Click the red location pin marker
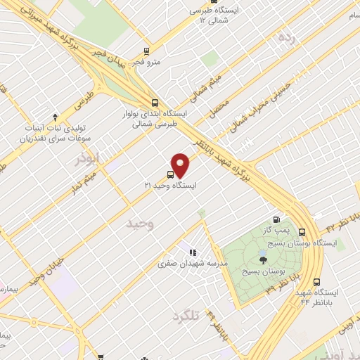(x=181, y=165)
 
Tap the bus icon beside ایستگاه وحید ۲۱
(x=171, y=174)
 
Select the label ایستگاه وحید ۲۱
(x=171, y=185)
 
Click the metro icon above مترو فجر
(x=146, y=51)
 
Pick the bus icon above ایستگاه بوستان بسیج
(x=302, y=232)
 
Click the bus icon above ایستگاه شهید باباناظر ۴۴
(x=318, y=279)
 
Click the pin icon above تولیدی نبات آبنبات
(x=55, y=117)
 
